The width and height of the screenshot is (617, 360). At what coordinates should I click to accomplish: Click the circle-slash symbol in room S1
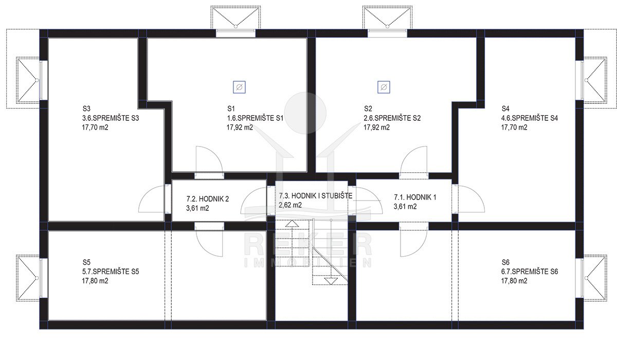[x=239, y=87]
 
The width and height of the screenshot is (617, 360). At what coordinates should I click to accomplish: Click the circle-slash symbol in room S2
[x=384, y=87]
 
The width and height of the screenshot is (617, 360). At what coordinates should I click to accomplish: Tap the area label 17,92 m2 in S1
[x=240, y=128]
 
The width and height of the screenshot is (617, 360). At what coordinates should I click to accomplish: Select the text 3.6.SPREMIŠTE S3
[x=111, y=118]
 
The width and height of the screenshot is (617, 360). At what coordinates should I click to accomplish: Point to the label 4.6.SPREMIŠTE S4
[x=530, y=118]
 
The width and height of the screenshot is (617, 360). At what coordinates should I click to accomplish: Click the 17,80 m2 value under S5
[x=95, y=281]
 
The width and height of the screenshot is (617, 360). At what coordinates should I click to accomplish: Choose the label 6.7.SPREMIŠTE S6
[x=530, y=272]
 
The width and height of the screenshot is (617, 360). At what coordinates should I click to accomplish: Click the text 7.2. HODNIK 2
[x=207, y=199]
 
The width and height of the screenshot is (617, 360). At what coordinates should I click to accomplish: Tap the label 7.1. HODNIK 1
[x=415, y=197]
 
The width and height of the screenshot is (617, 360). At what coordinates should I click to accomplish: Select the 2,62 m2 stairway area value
[x=290, y=205]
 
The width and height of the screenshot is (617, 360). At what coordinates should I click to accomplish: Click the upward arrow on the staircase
[x=292, y=224]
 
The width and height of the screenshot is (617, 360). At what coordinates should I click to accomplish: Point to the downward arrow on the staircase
[x=331, y=281]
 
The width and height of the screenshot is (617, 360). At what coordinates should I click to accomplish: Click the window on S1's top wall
[x=235, y=33]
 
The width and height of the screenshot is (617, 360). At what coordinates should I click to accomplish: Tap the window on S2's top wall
[x=387, y=33]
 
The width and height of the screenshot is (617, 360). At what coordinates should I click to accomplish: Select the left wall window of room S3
[x=44, y=80]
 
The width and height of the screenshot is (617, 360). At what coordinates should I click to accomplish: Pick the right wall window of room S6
[x=579, y=278]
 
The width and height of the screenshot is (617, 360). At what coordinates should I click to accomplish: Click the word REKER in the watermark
[x=308, y=244]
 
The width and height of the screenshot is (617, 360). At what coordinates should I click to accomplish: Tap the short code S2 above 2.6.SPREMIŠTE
[x=368, y=109]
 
